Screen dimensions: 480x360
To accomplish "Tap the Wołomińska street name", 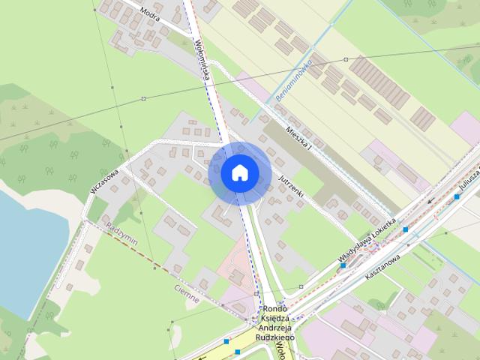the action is click(200, 60).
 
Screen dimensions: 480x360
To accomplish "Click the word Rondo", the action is click(276, 309).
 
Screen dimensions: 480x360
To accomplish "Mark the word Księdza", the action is click(276, 319).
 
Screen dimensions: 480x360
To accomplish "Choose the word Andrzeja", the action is click(276, 328).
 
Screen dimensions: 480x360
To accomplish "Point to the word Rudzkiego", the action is click(276, 337).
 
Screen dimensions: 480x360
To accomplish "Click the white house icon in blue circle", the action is click(239, 172).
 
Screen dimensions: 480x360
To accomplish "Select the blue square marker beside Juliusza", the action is click(457, 196).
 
